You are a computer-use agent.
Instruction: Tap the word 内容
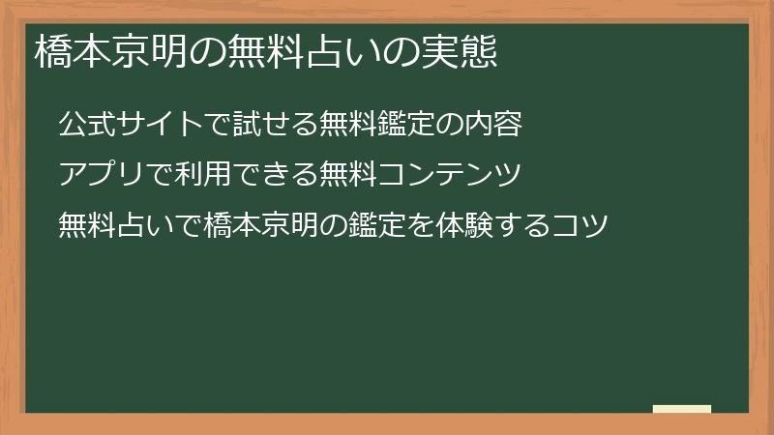494,125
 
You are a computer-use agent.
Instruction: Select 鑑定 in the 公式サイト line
407,125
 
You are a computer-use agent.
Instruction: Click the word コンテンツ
451,175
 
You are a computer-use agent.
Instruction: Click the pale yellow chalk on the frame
682,409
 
